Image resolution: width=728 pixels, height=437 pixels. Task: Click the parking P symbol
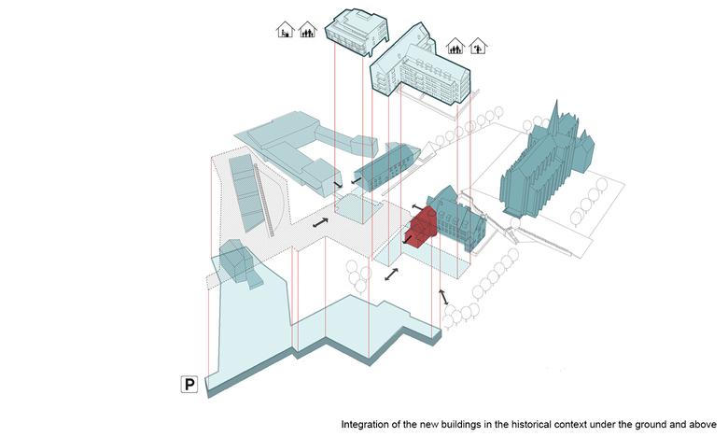coord(189,384)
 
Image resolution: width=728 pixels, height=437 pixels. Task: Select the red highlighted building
coord(425,228)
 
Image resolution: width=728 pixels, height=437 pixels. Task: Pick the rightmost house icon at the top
coord(479,45)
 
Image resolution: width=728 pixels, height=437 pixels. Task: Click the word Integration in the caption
coord(369,423)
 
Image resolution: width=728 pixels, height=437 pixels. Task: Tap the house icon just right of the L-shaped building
coord(456,44)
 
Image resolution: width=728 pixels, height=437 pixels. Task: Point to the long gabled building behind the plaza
coord(385,168)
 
